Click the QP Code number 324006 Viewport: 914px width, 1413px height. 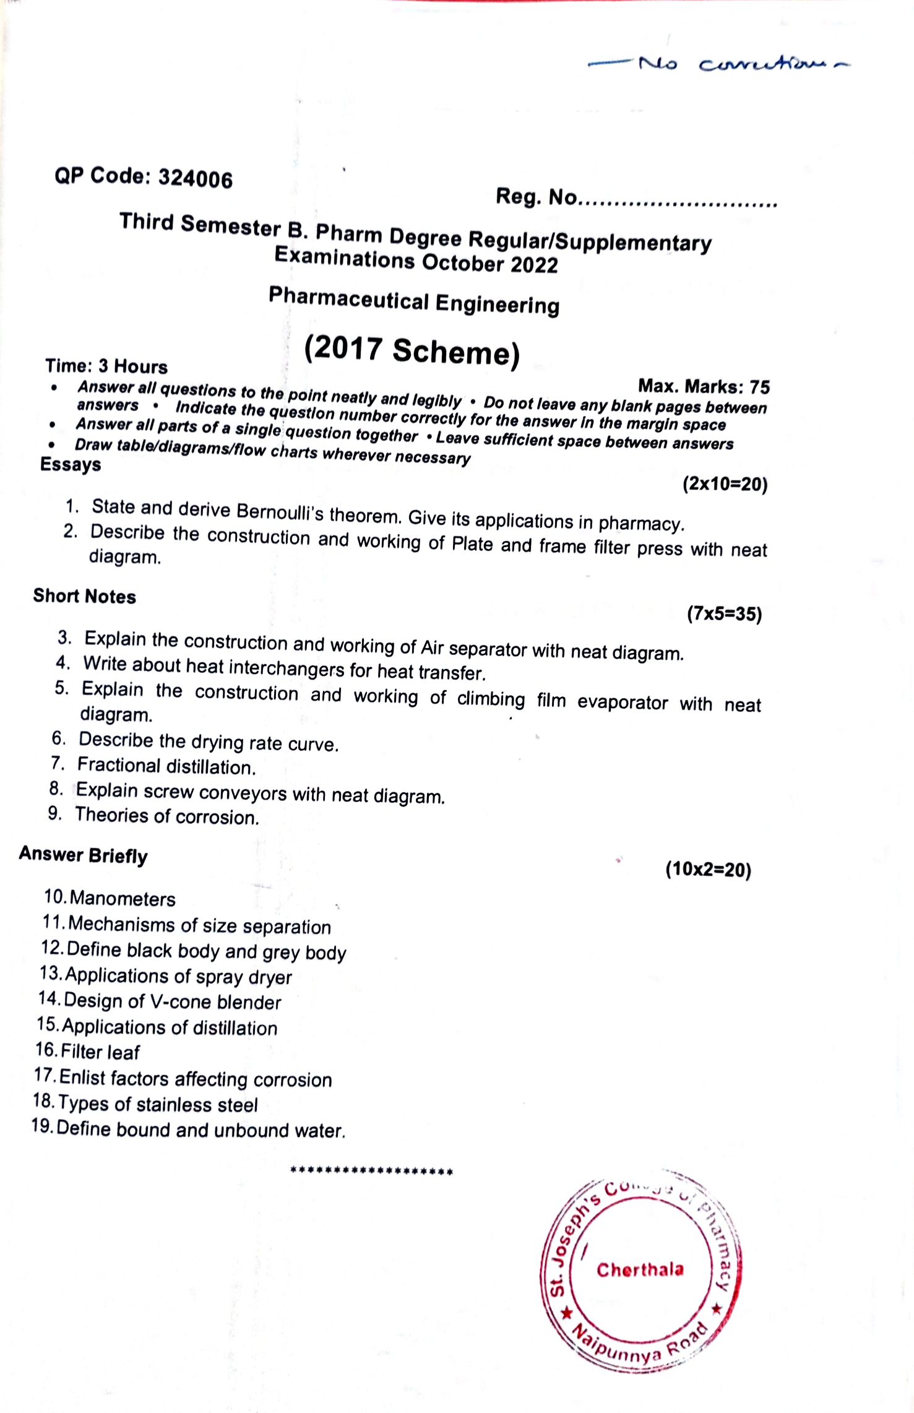(x=195, y=178)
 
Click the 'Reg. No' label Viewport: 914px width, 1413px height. (x=536, y=197)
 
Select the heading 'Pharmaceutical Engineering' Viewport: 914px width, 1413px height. (x=414, y=301)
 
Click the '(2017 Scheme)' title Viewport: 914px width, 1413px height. (x=412, y=351)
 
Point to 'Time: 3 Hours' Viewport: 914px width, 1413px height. (x=106, y=366)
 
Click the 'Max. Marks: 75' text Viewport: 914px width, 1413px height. (x=704, y=387)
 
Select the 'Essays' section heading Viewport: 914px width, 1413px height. (x=70, y=464)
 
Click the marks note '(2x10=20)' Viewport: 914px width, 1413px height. (x=725, y=483)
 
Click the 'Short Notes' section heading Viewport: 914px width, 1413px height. (x=84, y=596)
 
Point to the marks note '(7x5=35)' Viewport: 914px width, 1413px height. (x=724, y=614)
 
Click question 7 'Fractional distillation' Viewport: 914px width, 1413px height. (x=166, y=766)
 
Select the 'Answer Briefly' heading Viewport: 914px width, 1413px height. (x=83, y=855)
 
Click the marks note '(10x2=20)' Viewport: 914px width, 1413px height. (x=708, y=870)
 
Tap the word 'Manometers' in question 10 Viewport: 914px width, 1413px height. (x=123, y=899)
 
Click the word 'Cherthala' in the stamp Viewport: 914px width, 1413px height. (x=640, y=1269)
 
